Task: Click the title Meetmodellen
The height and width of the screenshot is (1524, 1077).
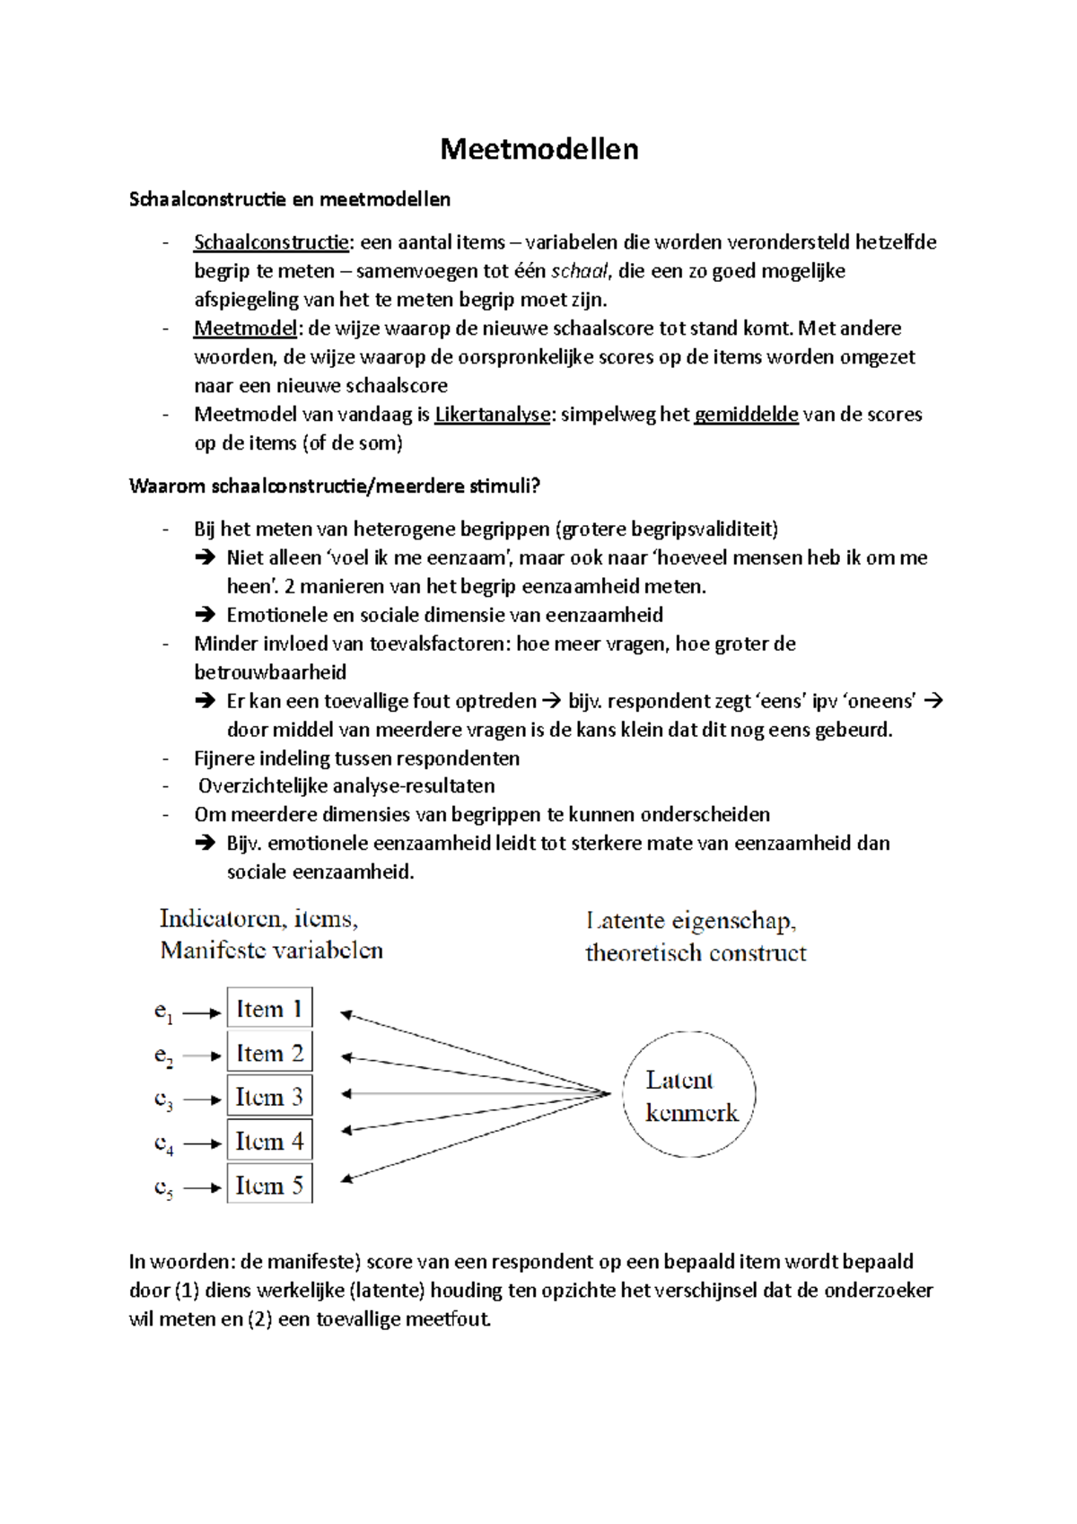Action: coord(538,149)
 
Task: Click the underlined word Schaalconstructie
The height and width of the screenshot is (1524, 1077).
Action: coord(271,242)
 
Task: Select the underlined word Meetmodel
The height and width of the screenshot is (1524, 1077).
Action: coord(245,328)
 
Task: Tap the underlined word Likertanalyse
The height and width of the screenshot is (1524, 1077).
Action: coord(492,415)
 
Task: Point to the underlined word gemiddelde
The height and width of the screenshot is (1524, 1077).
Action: coord(746,415)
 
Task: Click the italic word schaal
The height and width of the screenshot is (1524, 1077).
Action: coord(579,271)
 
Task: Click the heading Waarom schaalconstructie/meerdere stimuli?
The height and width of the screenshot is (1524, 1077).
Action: coord(335,486)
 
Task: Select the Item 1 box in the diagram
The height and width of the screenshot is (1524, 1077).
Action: coord(269,1009)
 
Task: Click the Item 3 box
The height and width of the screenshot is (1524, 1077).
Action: coord(269,1097)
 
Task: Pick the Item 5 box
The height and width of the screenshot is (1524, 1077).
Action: coord(269,1185)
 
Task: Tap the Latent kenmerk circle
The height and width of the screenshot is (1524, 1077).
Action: coord(689,1095)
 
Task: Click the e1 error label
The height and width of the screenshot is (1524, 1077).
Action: coord(162,1012)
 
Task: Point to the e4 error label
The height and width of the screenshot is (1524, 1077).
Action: coord(162,1143)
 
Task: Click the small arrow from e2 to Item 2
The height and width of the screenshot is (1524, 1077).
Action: coord(202,1055)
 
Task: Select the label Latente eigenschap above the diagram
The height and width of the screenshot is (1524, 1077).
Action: coord(690,921)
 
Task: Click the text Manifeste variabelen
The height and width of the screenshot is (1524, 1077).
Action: coord(271,950)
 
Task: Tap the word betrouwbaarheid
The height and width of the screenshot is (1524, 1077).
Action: coord(270,672)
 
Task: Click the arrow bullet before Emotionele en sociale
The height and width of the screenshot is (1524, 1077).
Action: coord(205,615)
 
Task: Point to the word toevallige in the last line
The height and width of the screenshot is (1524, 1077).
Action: coord(358,1319)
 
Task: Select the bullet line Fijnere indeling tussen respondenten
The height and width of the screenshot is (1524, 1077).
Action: coord(356,758)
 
